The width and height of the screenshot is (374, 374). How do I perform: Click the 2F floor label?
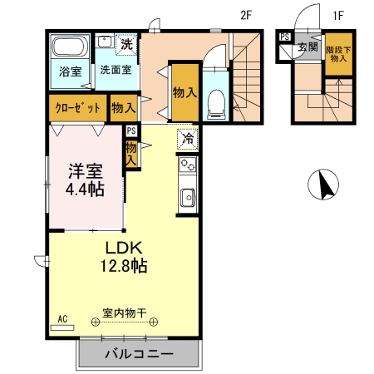[246, 14]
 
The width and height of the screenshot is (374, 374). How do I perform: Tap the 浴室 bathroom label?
[70, 71]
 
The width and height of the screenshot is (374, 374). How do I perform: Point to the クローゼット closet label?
[78, 108]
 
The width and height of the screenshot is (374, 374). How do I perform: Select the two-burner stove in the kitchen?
[187, 165]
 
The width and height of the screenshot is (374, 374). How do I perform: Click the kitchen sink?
[187, 198]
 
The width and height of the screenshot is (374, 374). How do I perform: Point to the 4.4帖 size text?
[86, 189]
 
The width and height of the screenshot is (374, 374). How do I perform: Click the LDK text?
[125, 248]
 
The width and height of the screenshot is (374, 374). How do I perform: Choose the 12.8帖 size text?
[125, 267]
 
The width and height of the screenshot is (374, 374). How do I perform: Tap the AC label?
[63, 318]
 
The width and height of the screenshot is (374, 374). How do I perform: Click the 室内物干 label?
[124, 313]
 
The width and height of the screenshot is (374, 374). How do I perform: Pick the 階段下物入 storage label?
[337, 52]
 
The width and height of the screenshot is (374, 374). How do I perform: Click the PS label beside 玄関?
[284, 37]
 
